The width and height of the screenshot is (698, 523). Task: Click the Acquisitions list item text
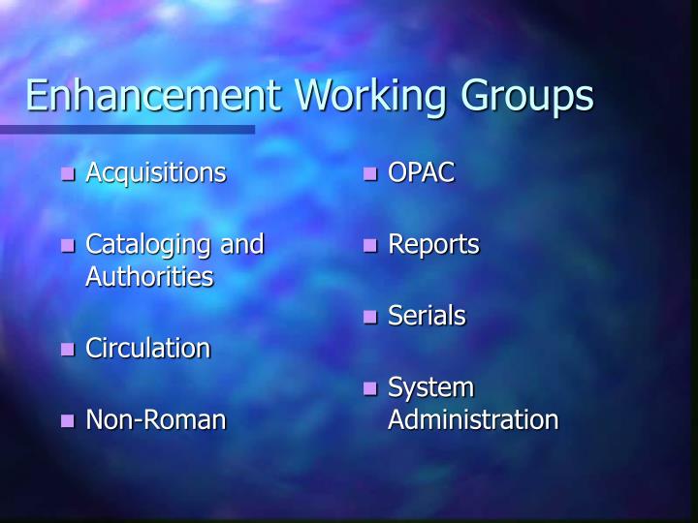click(x=155, y=173)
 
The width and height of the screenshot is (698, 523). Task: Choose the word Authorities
click(x=149, y=277)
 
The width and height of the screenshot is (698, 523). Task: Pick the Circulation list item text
click(x=147, y=348)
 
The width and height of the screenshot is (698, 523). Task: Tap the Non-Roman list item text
click(x=155, y=419)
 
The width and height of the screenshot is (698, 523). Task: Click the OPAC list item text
click(x=421, y=173)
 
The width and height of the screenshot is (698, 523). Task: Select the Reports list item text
click(x=433, y=245)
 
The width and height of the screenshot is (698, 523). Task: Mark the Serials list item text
click(x=427, y=316)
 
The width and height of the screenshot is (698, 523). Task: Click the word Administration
click(x=473, y=419)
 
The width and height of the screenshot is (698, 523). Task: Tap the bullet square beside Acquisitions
click(x=68, y=175)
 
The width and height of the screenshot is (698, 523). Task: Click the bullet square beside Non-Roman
click(x=68, y=421)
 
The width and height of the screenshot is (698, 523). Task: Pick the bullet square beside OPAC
click(x=370, y=175)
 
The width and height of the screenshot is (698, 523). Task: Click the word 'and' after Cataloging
click(x=241, y=244)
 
